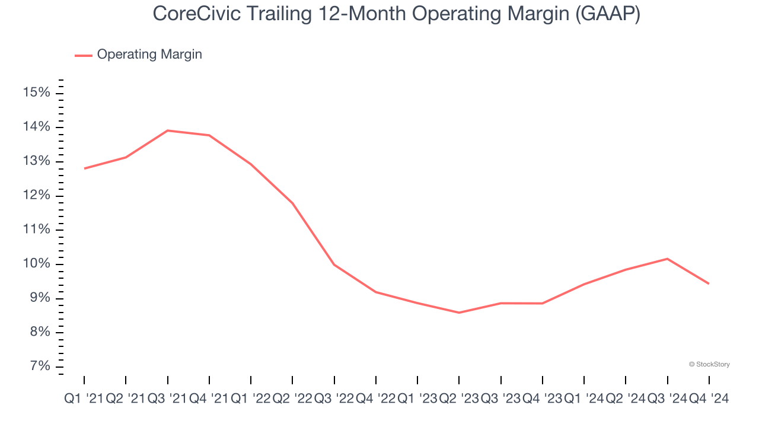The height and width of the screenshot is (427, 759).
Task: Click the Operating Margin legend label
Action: pos(149,55)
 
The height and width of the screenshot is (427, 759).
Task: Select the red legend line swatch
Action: pos(84,55)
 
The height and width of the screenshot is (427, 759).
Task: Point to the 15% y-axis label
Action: pos(36,93)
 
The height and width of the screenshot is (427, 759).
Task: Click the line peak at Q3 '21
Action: pos(168,130)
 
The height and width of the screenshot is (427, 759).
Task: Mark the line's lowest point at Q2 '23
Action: pos(459,313)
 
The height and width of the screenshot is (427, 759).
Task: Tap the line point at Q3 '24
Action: pos(668,259)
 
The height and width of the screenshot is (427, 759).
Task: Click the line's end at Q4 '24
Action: pos(709,283)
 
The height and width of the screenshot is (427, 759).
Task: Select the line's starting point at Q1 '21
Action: pos(84,168)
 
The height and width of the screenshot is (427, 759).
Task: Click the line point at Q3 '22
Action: pos(334,265)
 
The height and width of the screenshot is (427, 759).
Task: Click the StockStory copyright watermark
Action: pos(709,364)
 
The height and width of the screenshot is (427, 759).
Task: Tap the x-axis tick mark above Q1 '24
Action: pos(584,380)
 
